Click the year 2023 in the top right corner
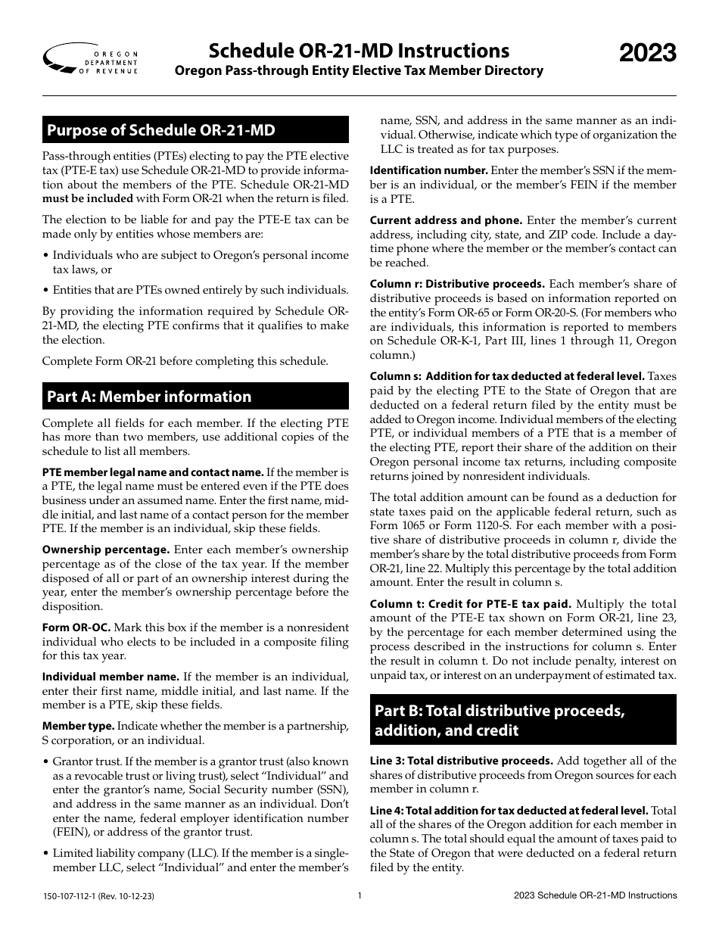pos(648,54)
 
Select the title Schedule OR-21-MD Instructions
pos(359,51)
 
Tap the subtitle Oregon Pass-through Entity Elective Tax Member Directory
pos(359,71)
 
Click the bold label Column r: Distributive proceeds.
pos(457,284)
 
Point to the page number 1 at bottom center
pos(359,896)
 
